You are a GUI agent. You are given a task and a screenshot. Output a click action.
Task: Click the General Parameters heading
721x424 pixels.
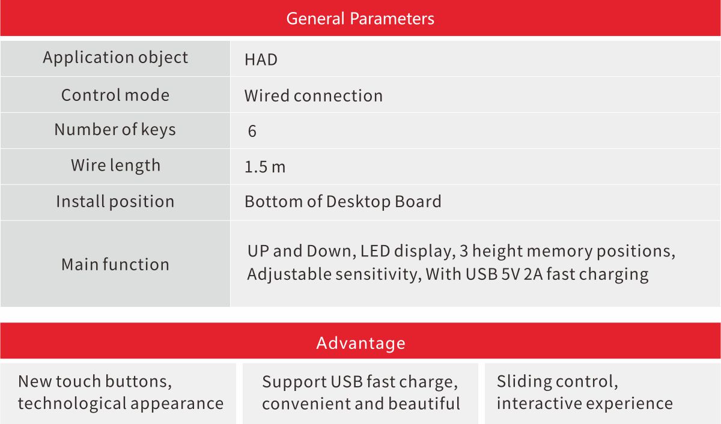pyautogui.click(x=360, y=19)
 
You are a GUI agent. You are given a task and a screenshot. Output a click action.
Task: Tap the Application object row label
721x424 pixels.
pyautogui.click(x=115, y=58)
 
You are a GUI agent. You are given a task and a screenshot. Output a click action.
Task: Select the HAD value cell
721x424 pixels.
pyautogui.click(x=261, y=60)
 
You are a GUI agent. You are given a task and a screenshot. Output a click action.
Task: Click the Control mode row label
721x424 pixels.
pyautogui.click(x=115, y=95)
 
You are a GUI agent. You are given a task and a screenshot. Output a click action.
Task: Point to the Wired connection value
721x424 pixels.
pyautogui.click(x=314, y=96)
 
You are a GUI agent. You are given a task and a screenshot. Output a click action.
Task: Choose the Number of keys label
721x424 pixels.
pyautogui.click(x=115, y=130)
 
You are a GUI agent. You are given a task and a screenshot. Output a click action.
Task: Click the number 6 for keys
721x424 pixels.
pyautogui.click(x=252, y=132)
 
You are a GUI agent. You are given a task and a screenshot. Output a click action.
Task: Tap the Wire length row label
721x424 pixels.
pyautogui.click(x=115, y=166)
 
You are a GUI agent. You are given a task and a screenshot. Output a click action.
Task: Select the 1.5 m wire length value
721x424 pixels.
pyautogui.click(x=265, y=167)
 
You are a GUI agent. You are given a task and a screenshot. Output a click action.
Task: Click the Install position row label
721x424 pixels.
pyautogui.click(x=115, y=202)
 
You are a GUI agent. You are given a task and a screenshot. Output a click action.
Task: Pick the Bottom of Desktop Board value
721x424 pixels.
pyautogui.click(x=343, y=202)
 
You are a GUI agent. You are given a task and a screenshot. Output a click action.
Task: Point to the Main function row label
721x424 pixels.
pyautogui.click(x=115, y=264)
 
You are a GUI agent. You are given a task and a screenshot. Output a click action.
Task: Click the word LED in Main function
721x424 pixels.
pyautogui.click(x=375, y=251)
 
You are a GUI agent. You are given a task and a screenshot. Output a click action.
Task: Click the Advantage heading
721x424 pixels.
pyautogui.click(x=360, y=343)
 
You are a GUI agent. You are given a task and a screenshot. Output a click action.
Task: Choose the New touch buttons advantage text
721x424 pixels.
pyautogui.click(x=95, y=381)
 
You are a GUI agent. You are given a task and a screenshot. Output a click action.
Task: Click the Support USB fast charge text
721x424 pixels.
pyautogui.click(x=360, y=382)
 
